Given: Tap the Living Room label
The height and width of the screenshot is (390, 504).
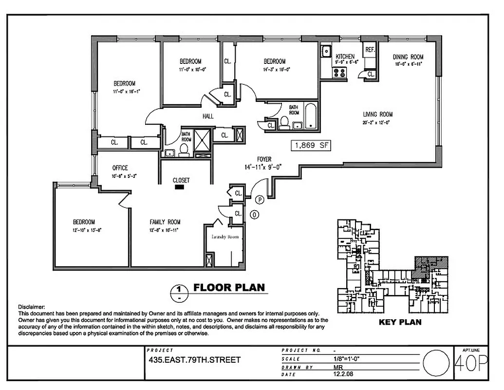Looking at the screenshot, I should (377, 115).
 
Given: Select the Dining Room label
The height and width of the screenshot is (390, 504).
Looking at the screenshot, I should (408, 57).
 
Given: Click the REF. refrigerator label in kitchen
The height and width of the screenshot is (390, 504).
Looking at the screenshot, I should (370, 50).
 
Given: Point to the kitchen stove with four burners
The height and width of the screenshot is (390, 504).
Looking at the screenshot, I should (339, 73).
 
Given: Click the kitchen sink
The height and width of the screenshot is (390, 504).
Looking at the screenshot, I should (325, 50).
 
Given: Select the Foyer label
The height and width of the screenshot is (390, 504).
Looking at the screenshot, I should (264, 159).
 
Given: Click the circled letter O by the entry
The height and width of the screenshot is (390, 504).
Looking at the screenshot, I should (253, 214).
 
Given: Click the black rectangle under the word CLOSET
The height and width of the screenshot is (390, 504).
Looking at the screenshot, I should (181, 186).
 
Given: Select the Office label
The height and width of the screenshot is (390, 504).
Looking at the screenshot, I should (120, 168).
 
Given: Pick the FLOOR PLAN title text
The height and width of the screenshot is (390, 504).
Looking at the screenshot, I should (229, 287).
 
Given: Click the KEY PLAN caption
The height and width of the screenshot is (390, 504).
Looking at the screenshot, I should (400, 322).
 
